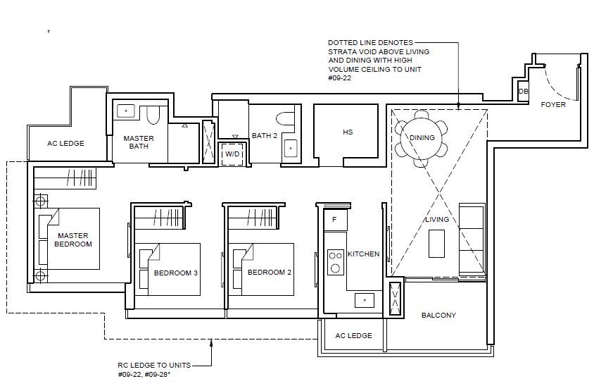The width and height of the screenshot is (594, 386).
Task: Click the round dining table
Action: click(x=422, y=138)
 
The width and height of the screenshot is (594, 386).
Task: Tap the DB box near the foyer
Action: click(x=523, y=92)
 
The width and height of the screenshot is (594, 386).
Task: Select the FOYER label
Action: click(x=553, y=105)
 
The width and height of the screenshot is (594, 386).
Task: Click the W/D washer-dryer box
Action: click(x=232, y=154)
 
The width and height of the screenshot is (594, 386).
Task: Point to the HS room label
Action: click(x=348, y=132)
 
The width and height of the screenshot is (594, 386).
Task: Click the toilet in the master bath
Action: click(x=153, y=116)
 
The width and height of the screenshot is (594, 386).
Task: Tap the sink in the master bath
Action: click(x=126, y=111)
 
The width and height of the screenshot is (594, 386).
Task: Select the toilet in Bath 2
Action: click(x=285, y=118)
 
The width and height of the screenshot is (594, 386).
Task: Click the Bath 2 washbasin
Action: click(x=291, y=148)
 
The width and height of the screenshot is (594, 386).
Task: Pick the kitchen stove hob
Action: click(x=335, y=262)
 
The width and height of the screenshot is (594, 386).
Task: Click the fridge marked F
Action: click(x=335, y=220)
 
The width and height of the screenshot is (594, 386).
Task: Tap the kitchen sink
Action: click(x=365, y=300)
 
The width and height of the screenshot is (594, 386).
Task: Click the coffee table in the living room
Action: click(x=436, y=244)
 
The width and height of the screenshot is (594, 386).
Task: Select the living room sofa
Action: click(x=472, y=239)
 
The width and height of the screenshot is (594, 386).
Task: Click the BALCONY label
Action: click(x=438, y=315)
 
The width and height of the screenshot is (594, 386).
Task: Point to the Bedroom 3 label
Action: click(x=176, y=273)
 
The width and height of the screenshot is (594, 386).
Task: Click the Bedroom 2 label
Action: click(x=270, y=273)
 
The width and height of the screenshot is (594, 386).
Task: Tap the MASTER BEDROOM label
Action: click(x=73, y=240)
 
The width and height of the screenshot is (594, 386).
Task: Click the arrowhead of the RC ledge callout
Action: click(x=211, y=342)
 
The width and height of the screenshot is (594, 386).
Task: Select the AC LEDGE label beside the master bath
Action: click(x=65, y=143)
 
